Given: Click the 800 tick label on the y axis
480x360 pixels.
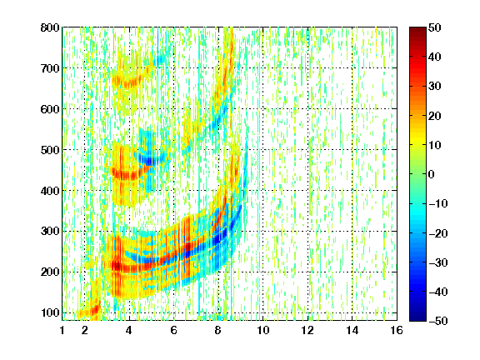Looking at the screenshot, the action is point(50,27).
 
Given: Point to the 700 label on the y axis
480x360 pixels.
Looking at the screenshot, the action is point(50,68).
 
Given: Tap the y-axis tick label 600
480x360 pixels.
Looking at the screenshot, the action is point(50,109).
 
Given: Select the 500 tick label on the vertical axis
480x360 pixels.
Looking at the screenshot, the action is point(50,150).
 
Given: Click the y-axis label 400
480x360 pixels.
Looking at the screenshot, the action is point(50,191).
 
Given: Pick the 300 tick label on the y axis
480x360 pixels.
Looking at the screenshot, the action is point(50,232).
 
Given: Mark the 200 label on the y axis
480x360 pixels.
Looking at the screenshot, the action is point(50,272).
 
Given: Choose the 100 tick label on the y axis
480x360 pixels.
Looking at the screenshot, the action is point(50,312).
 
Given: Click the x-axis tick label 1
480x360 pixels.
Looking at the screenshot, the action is point(62,330).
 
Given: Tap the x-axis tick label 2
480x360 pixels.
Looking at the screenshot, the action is point(85,330).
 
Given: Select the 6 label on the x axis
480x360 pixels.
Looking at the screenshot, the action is point(174,330).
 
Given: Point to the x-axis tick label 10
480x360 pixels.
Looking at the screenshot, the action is point(263,330).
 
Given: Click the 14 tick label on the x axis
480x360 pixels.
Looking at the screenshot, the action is point(352,330).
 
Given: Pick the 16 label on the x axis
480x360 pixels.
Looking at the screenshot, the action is point(397,330).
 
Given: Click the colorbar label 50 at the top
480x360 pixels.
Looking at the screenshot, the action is point(434,27).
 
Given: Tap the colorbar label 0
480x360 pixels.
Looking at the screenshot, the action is point(432,174).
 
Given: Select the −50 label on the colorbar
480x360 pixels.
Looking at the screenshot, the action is point(438,321).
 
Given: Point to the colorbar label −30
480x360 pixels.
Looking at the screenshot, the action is point(438,262).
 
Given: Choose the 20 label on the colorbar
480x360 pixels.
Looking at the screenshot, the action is point(434,116).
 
